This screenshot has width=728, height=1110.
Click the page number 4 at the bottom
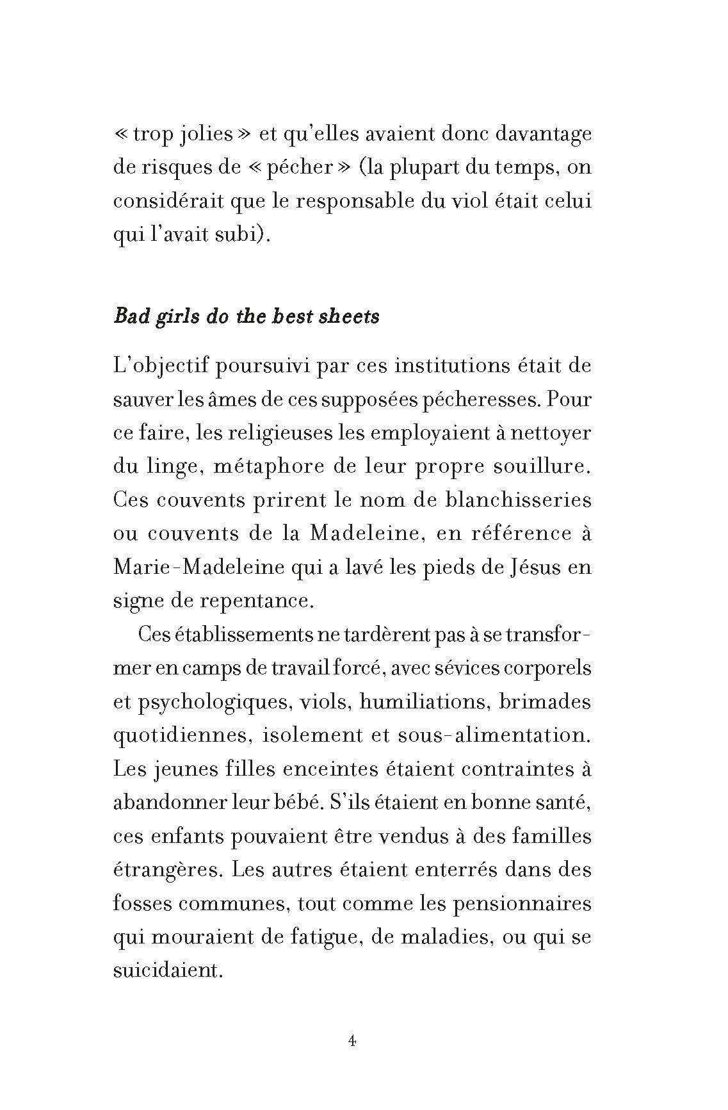pyautogui.click(x=352, y=1041)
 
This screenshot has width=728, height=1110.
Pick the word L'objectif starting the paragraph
pyautogui.click(x=159, y=367)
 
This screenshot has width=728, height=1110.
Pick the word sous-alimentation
pyautogui.click(x=503, y=735)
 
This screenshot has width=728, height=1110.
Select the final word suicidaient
pyautogui.click(x=167, y=970)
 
